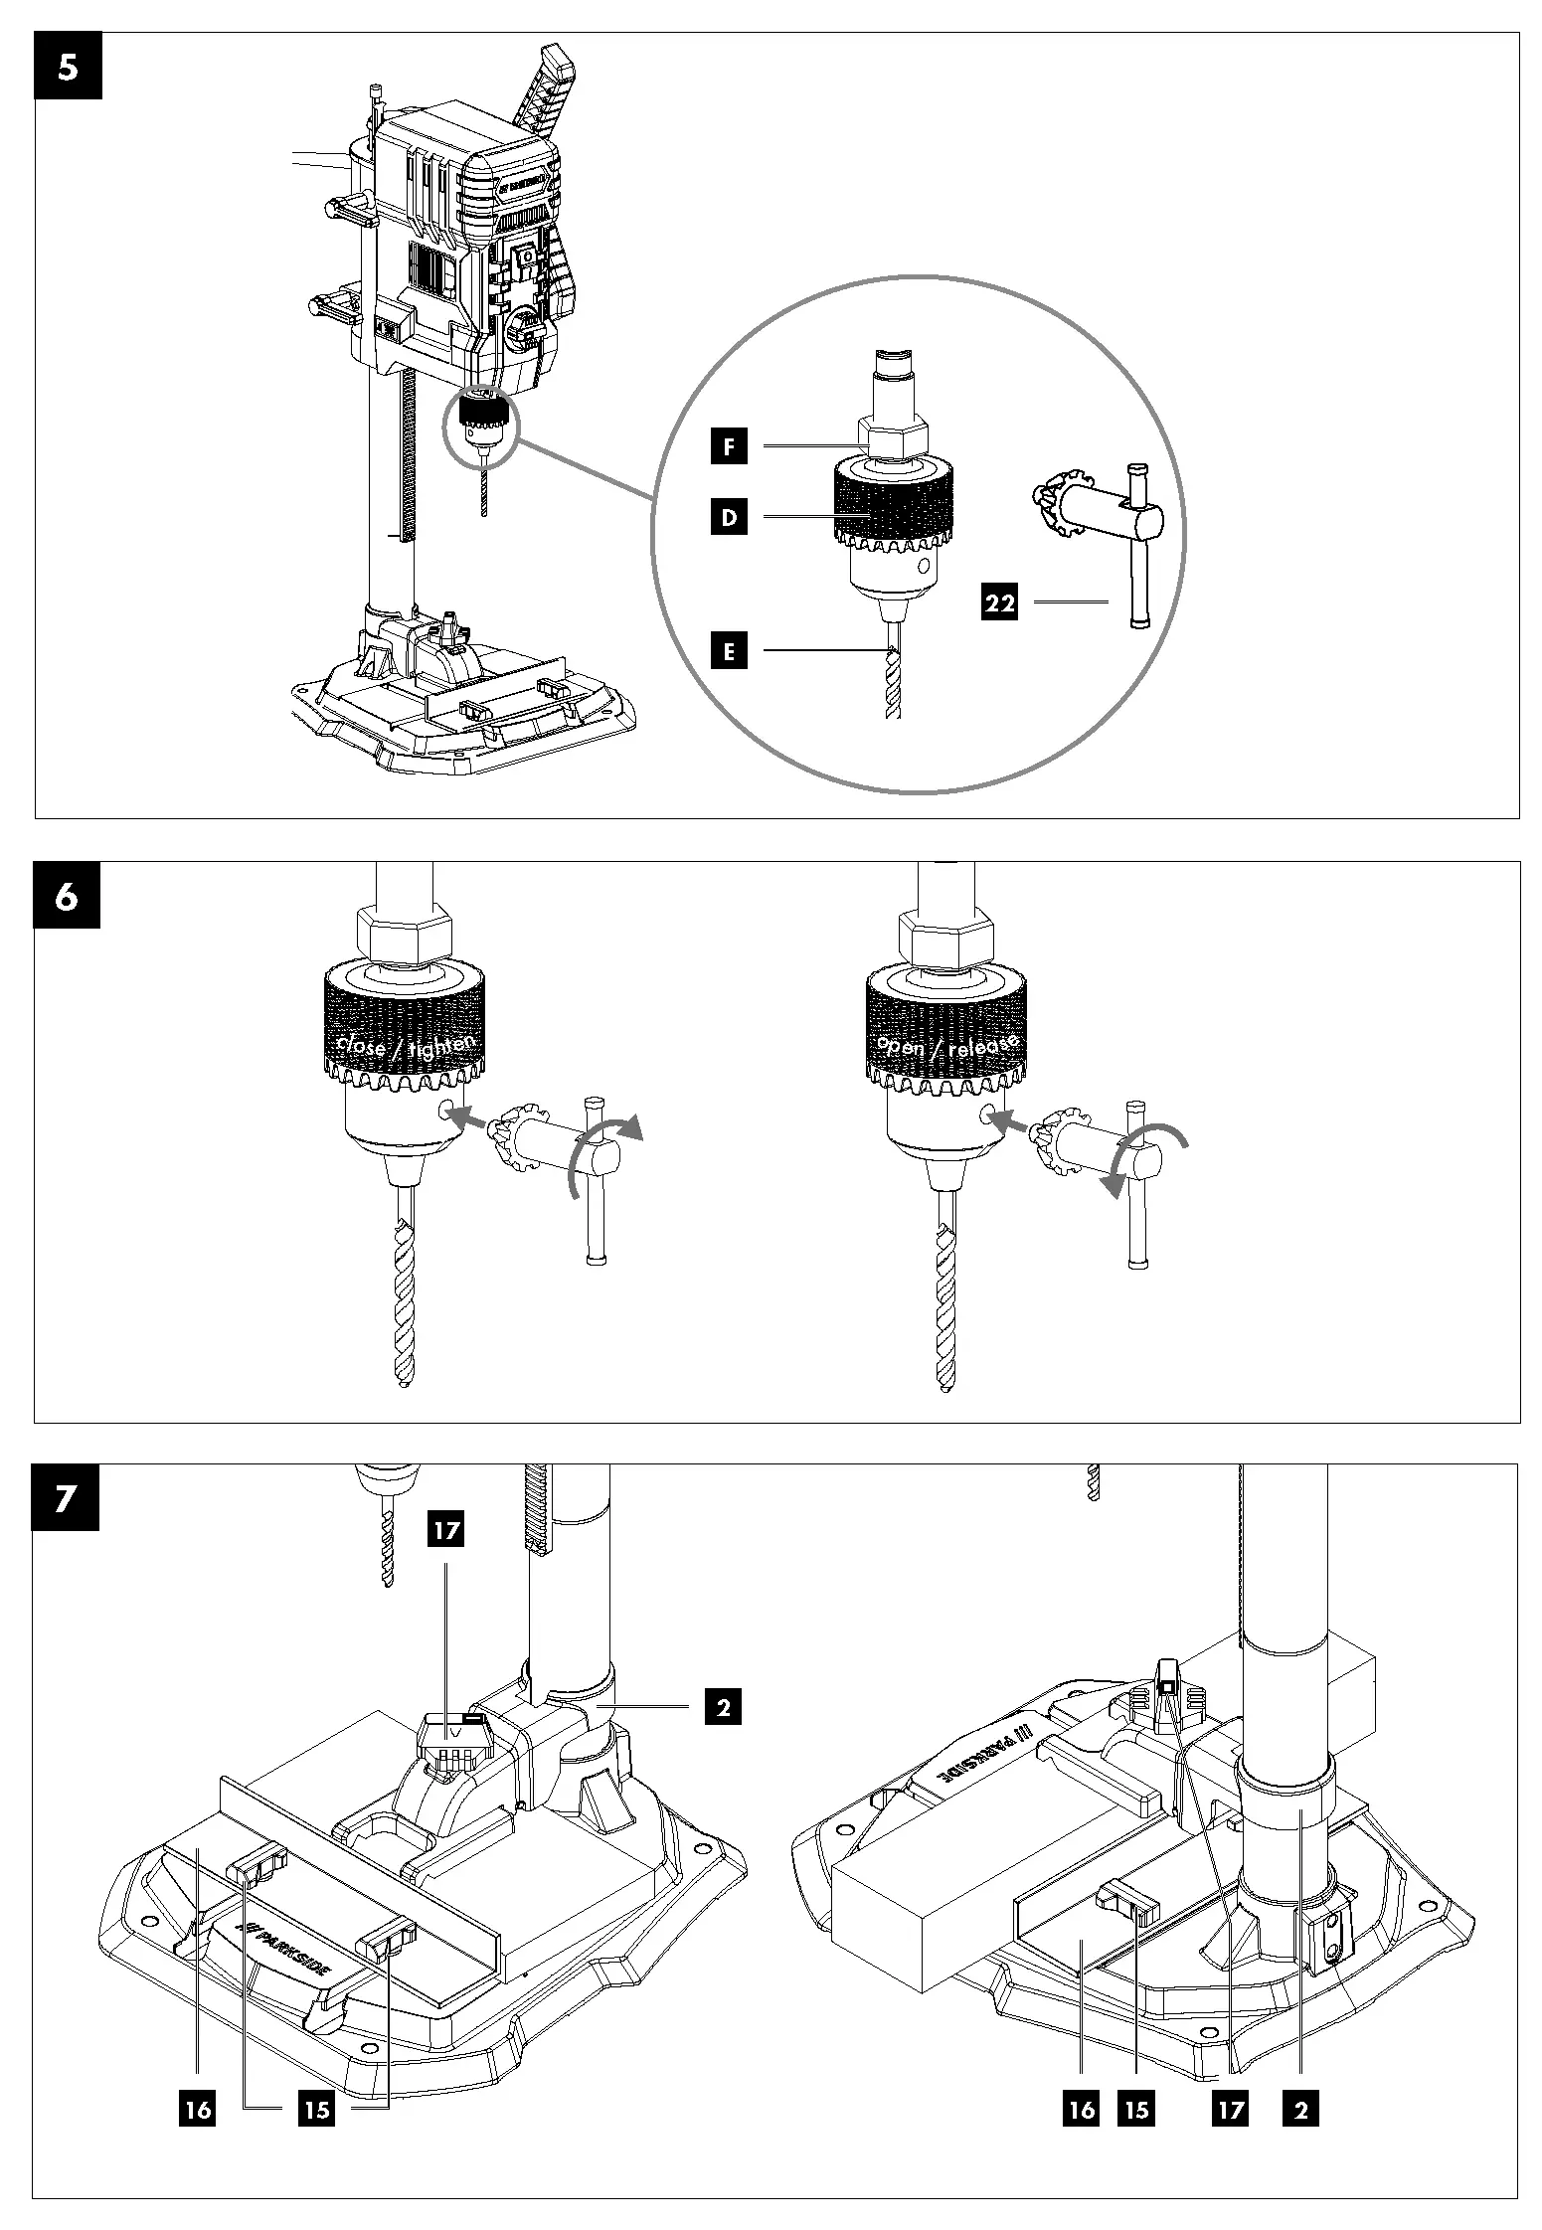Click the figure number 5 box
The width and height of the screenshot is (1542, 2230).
pyautogui.click(x=68, y=67)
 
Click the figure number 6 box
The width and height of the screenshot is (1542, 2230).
pyautogui.click(x=68, y=895)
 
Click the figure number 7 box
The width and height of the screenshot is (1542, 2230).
pyautogui.click(x=66, y=1496)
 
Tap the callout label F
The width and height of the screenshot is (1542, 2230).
pyautogui.click(x=728, y=447)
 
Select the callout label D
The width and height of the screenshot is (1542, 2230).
pyautogui.click(x=728, y=517)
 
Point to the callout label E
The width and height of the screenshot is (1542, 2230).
pyautogui.click(x=728, y=651)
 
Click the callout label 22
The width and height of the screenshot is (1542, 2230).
pyautogui.click(x=999, y=602)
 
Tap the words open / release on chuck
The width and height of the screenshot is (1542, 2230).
pyautogui.click(x=945, y=1044)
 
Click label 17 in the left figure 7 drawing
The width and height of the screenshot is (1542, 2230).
pyautogui.click(x=446, y=1529)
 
